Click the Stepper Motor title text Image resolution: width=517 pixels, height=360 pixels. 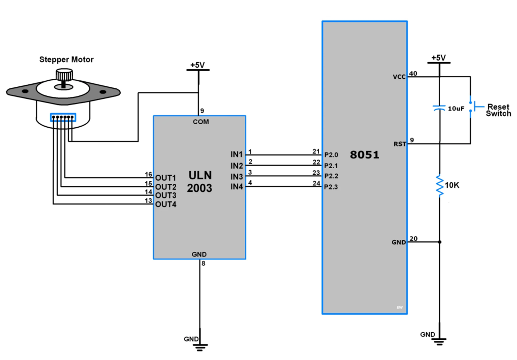[66, 60]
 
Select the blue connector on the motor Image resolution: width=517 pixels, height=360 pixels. [63, 118]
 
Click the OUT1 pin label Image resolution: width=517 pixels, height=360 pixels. [166, 178]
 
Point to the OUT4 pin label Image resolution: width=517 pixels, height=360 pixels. [166, 204]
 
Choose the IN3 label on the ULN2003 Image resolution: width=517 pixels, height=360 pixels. [237, 177]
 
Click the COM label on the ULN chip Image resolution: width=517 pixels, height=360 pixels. [200, 122]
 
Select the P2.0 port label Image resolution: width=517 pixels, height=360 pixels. [331, 155]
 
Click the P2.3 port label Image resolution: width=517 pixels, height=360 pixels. [331, 188]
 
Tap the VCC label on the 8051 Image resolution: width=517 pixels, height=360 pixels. [399, 77]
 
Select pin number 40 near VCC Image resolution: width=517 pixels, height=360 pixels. [413, 73]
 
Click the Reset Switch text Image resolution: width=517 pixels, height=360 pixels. [498, 110]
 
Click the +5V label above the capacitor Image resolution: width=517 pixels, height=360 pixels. [439, 58]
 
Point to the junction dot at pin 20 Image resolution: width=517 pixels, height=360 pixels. [440, 242]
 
